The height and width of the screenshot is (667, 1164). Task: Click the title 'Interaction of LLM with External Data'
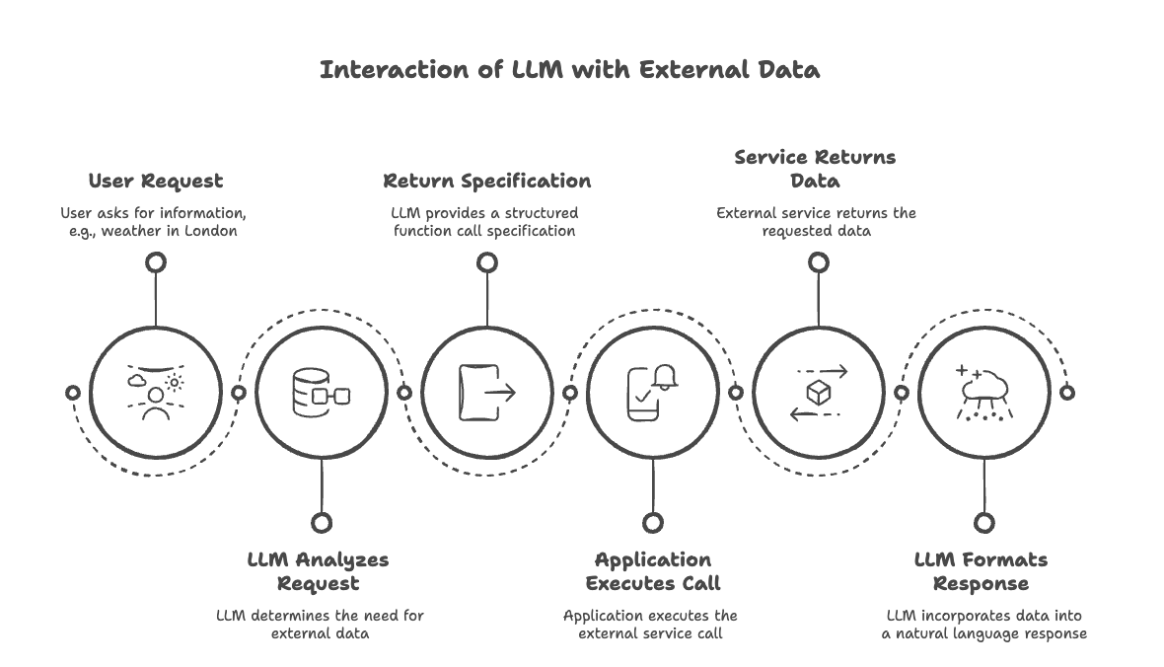coord(569,70)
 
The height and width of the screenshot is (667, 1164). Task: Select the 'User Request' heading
coord(156,182)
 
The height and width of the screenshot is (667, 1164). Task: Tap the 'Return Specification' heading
coord(487,182)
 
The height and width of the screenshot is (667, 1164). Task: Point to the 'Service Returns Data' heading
coord(815,169)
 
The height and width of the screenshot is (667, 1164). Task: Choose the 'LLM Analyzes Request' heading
coord(318,571)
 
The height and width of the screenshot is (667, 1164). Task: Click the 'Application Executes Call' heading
coord(652,571)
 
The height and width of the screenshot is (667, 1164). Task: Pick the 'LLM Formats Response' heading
coord(981,571)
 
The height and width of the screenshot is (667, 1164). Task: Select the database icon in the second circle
coord(322,392)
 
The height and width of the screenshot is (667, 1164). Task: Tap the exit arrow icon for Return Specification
coord(487,392)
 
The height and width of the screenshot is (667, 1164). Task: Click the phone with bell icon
coord(653,392)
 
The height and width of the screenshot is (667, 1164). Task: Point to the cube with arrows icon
coord(819,392)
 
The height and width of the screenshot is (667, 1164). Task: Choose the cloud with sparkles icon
coord(983,392)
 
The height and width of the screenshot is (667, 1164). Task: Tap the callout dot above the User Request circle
coord(156,261)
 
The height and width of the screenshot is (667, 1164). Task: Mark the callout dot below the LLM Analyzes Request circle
coord(322,522)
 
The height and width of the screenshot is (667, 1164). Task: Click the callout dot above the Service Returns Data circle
coord(818,261)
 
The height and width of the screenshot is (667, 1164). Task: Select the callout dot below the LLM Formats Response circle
coord(983,522)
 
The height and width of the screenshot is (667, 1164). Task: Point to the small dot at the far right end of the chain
coord(1066,392)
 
